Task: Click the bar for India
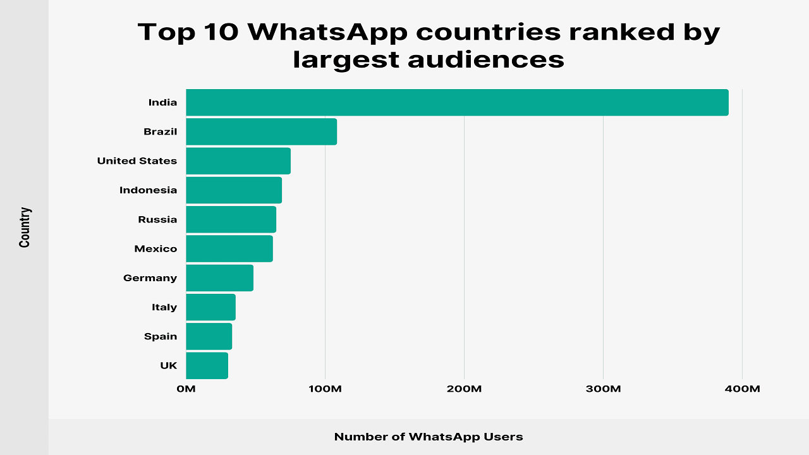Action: point(457,102)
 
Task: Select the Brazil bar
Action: point(261,131)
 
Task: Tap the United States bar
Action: point(238,161)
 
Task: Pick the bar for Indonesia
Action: point(234,190)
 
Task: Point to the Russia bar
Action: point(231,219)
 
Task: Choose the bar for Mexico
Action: point(229,248)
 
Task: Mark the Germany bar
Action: point(219,278)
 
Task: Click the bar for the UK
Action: point(207,365)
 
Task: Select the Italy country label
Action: point(164,307)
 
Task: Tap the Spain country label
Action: point(161,336)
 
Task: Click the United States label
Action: point(137,161)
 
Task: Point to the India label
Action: point(162,102)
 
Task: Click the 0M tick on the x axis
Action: point(186,389)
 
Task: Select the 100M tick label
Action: point(325,389)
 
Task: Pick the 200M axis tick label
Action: point(464,389)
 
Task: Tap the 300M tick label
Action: point(603,389)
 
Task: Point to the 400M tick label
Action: point(742,389)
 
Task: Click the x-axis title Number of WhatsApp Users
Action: point(429,437)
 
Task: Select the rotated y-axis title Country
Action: point(25,227)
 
